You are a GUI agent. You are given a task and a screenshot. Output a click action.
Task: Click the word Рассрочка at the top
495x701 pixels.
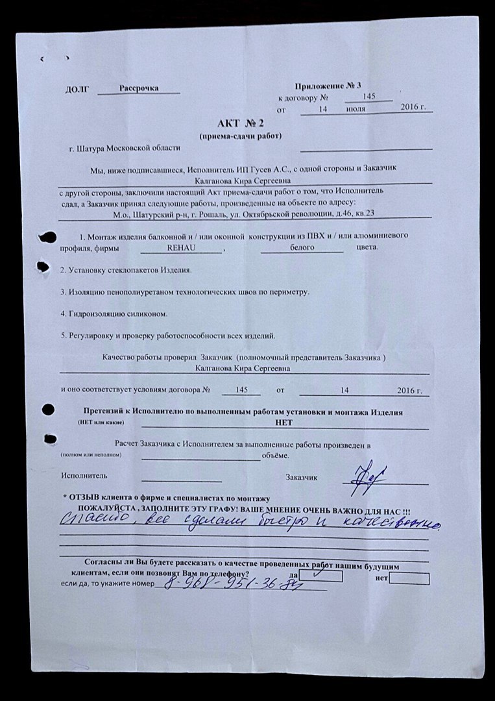tap(139, 88)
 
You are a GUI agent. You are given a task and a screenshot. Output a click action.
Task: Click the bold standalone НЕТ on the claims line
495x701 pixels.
tap(284, 422)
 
